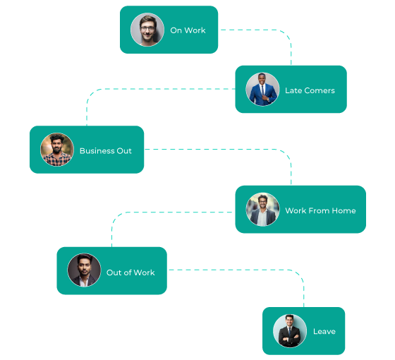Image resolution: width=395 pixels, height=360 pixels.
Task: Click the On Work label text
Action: [188, 30]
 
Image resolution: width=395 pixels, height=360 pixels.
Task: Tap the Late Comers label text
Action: [310, 90]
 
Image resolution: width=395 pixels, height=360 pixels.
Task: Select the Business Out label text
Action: [105, 150]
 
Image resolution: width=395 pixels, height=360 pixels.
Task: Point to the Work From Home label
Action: [320, 210]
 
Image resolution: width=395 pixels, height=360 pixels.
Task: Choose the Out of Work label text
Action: [130, 272]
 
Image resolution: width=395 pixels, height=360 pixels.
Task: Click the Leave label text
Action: [324, 331]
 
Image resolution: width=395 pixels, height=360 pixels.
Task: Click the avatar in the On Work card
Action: [147, 30]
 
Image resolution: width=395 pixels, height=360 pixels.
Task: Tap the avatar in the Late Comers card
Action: [262, 90]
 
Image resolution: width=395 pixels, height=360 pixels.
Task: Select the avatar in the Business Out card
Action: [57, 150]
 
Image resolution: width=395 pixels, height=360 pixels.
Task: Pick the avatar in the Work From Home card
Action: [262, 210]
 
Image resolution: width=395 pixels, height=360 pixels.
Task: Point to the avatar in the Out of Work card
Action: [84, 270]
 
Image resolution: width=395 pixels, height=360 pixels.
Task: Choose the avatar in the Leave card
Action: [290, 331]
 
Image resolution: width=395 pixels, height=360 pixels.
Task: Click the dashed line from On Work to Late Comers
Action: [268, 30]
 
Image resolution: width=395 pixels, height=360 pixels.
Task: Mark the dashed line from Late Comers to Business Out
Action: [141, 89]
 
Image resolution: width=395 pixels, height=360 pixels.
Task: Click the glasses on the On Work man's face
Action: [147, 28]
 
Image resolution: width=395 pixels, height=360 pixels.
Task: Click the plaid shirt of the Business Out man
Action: [57, 159]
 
